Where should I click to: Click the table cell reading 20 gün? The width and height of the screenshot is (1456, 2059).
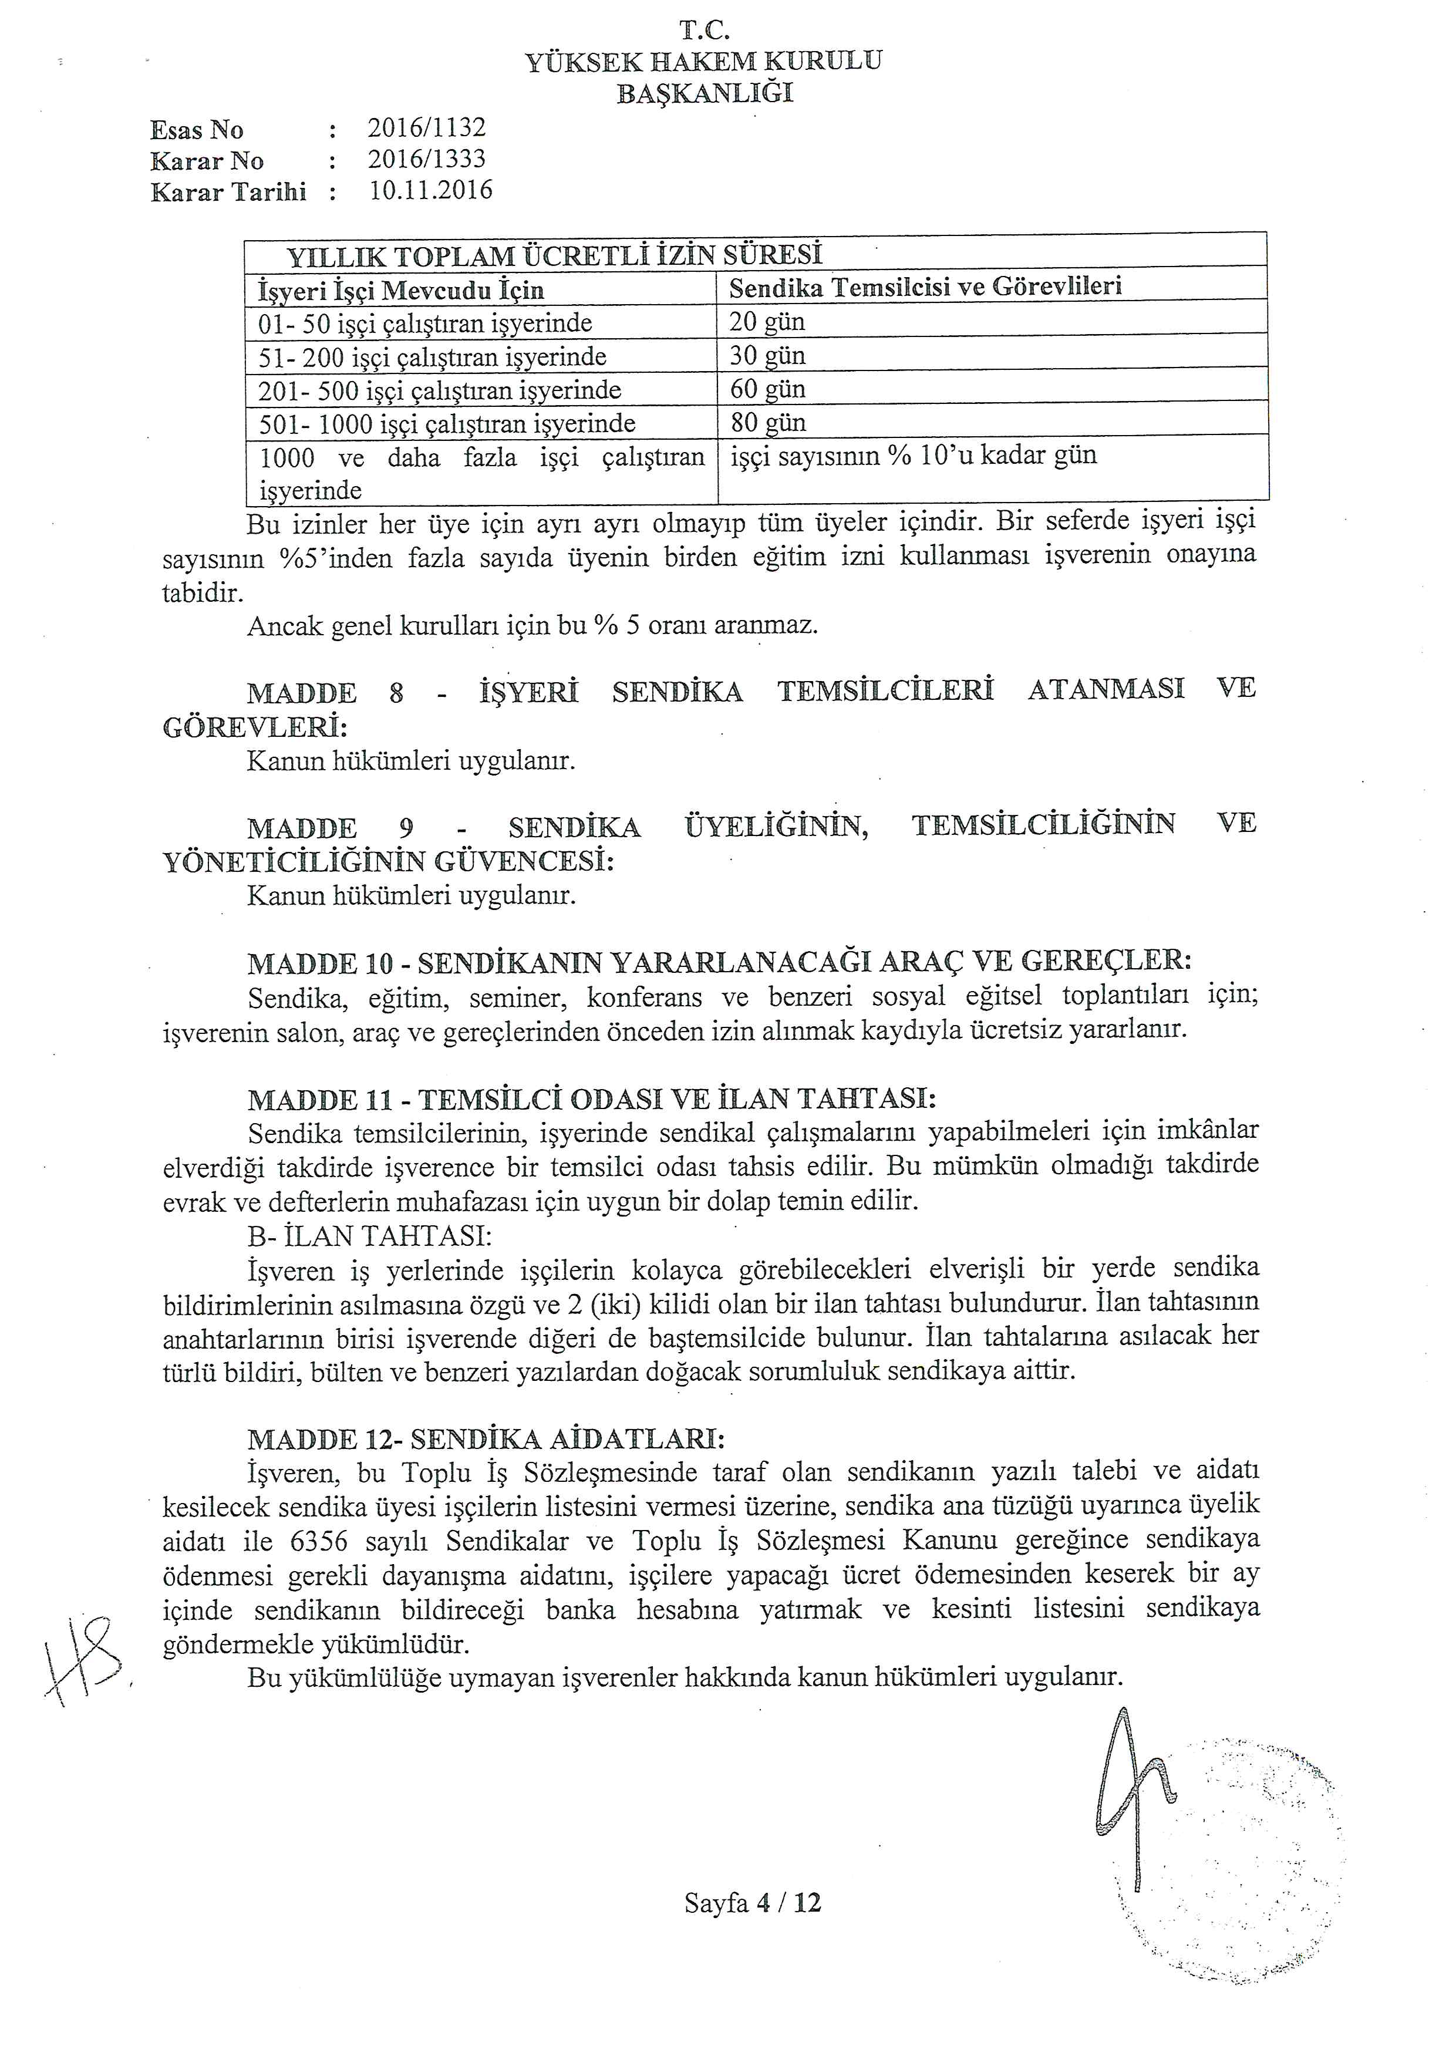tap(767, 321)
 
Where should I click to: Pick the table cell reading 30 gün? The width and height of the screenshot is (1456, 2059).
tap(767, 355)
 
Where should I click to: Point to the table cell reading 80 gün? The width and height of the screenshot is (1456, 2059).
tap(767, 422)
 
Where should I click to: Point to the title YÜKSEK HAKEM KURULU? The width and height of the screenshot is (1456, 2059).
tap(703, 61)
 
